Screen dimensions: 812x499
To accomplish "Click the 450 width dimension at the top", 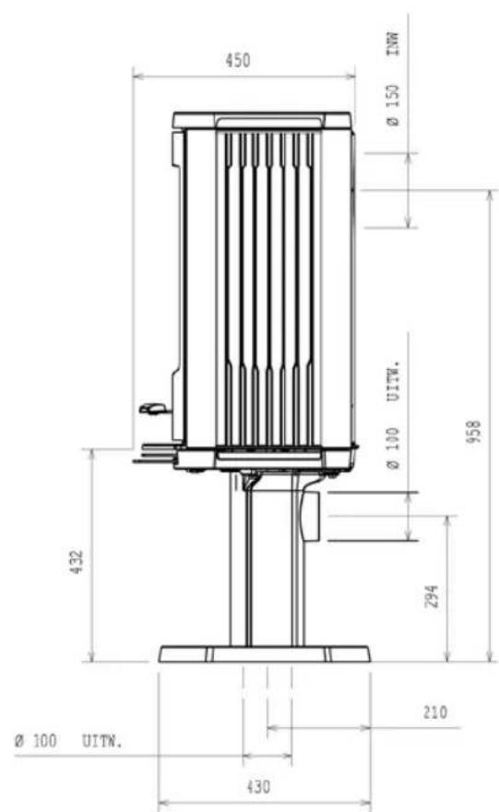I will click(x=237, y=61).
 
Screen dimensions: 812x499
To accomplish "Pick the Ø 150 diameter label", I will click(x=393, y=107).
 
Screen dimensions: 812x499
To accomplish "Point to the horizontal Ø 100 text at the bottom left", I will click(x=36, y=741).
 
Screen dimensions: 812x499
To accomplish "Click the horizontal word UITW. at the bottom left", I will click(x=101, y=741).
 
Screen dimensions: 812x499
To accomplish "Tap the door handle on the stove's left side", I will click(x=151, y=407).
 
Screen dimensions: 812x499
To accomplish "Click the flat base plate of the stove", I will click(x=264, y=654).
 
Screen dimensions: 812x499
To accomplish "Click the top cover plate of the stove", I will click(x=262, y=120).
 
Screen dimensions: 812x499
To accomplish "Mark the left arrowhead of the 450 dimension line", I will click(x=137, y=76).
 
